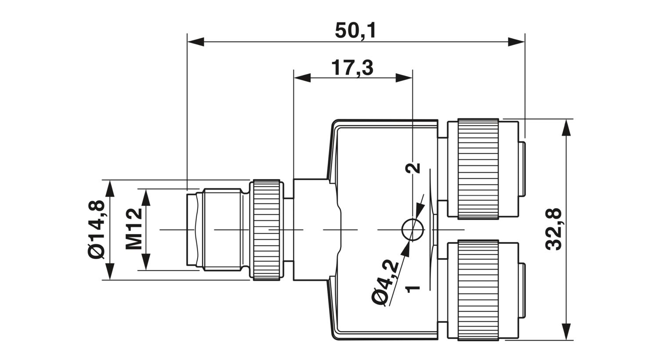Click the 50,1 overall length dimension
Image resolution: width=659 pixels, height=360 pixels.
click(x=355, y=30)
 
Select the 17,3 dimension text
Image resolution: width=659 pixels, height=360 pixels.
click(x=352, y=68)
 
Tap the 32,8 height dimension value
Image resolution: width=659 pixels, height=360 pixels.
click(x=554, y=230)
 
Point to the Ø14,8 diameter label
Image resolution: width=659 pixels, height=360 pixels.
click(x=96, y=229)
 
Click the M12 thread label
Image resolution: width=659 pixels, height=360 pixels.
click(x=134, y=229)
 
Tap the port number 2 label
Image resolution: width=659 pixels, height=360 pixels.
click(x=413, y=168)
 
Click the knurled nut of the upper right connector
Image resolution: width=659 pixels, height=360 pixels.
click(x=478, y=169)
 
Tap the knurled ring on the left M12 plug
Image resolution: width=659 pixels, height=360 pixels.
click(x=267, y=230)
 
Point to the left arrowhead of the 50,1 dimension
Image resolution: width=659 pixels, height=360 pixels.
click(x=196, y=42)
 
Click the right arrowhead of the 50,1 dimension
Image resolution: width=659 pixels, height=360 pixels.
click(x=516, y=42)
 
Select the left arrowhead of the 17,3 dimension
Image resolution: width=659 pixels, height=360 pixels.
click(x=302, y=78)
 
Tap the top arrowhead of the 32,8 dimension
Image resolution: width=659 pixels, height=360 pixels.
click(x=566, y=127)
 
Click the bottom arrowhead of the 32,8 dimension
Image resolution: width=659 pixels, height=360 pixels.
click(x=566, y=332)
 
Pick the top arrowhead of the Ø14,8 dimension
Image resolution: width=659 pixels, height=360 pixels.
click(x=110, y=188)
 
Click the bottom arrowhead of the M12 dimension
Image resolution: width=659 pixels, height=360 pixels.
click(x=146, y=262)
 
